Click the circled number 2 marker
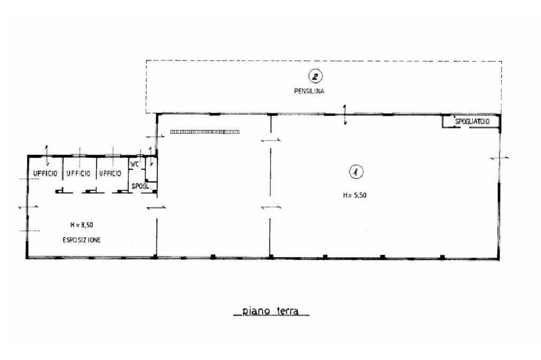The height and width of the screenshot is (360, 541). [315, 76]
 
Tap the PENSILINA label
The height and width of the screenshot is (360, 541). [309, 91]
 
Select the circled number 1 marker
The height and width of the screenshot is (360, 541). [356, 172]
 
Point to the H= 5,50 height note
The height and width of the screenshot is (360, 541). [355, 195]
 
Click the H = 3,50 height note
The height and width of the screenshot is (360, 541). [81, 225]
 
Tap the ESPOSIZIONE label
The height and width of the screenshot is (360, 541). [82, 240]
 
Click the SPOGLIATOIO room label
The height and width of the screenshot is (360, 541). [472, 121]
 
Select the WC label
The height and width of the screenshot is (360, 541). [135, 165]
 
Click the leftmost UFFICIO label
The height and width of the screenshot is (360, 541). [45, 174]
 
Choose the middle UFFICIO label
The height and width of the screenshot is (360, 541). [78, 174]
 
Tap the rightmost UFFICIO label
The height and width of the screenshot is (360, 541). [110, 174]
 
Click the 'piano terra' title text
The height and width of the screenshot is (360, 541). [270, 311]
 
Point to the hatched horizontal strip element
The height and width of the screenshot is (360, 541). [205, 132]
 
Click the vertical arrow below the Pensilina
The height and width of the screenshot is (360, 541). [344, 114]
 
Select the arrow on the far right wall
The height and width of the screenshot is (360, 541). [500, 158]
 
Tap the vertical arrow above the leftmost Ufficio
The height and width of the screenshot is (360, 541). [47, 156]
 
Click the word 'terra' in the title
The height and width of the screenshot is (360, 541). [288, 311]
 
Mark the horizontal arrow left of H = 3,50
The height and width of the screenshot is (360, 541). [29, 207]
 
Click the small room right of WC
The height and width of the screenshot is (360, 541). [151, 169]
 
